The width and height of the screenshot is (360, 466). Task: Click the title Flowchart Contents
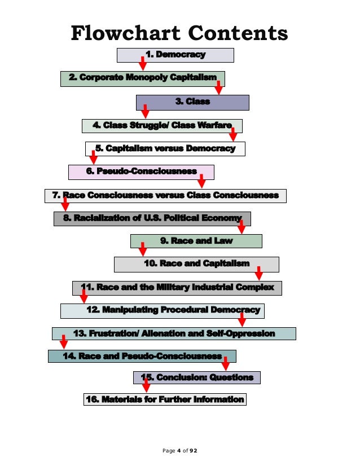tap(179, 33)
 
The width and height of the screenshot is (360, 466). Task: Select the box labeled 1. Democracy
tap(175, 55)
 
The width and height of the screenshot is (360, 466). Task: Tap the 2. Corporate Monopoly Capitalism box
tap(142, 78)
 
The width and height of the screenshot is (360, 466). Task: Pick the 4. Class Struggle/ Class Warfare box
tap(162, 125)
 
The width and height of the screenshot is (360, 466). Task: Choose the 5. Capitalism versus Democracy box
tap(165, 148)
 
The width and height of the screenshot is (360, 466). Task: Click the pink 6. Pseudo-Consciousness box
tap(141, 172)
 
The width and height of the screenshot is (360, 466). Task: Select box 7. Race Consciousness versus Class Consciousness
tap(165, 195)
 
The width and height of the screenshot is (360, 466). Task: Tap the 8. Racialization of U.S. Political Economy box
tap(152, 218)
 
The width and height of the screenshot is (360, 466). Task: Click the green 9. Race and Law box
tap(196, 241)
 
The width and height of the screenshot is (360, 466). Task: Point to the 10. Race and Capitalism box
tap(196, 263)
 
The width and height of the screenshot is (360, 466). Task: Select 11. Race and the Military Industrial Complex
tap(177, 288)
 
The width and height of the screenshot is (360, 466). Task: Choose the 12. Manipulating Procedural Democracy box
tap(163, 310)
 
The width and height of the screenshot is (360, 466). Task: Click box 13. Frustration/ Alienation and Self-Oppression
tap(174, 333)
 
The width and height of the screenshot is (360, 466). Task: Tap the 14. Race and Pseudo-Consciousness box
tap(142, 356)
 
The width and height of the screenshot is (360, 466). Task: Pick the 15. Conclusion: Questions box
tap(197, 377)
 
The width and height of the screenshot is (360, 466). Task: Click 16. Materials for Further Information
tap(165, 399)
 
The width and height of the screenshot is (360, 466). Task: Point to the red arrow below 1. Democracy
tap(143, 63)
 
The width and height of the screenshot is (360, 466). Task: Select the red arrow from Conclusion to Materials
tap(146, 385)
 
